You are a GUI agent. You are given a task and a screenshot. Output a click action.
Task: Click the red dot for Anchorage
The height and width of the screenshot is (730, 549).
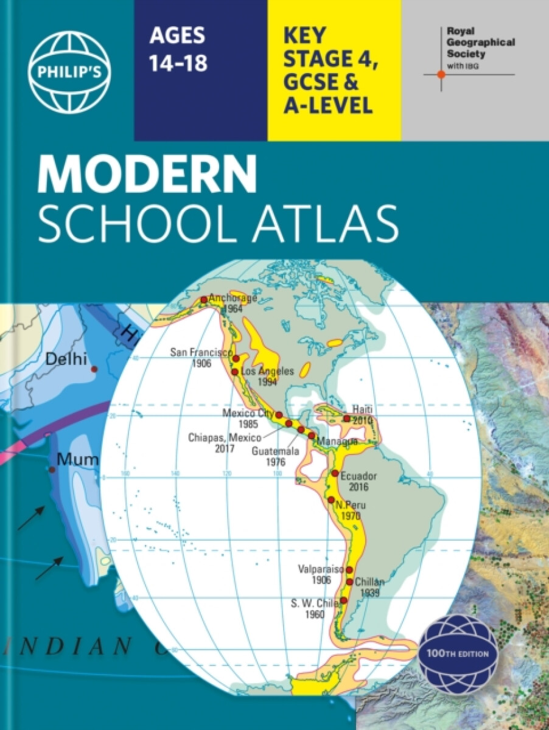click(x=204, y=299)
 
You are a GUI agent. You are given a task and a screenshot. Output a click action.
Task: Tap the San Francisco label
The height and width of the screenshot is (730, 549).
click(x=201, y=352)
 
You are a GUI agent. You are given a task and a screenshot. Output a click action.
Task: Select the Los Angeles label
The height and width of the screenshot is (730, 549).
click(x=268, y=371)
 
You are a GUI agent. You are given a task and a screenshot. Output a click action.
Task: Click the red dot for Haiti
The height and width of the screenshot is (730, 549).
click(x=346, y=419)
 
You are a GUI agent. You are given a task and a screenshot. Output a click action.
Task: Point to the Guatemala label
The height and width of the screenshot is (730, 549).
click(x=276, y=451)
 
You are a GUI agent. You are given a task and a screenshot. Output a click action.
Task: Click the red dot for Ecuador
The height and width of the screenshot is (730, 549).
click(x=335, y=473)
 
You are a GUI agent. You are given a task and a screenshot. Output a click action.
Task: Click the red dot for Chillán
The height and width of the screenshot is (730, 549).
click(x=350, y=582)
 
